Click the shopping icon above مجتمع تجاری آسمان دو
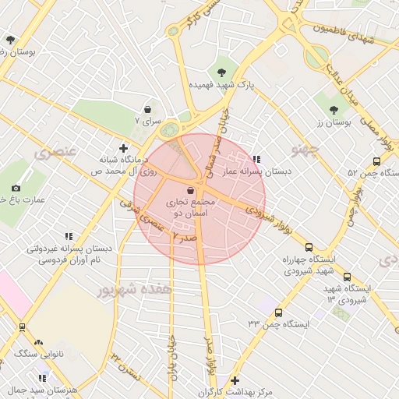coord(191,190)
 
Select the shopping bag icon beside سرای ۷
coord(147,110)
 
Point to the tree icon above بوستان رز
coord(334,110)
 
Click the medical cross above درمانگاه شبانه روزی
coord(123,147)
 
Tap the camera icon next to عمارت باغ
coord(16,188)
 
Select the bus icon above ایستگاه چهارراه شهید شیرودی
coord(309,247)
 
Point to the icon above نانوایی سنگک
coord(39,341)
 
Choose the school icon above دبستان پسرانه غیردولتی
coord(69,236)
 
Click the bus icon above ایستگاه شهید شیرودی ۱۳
coord(347,277)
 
